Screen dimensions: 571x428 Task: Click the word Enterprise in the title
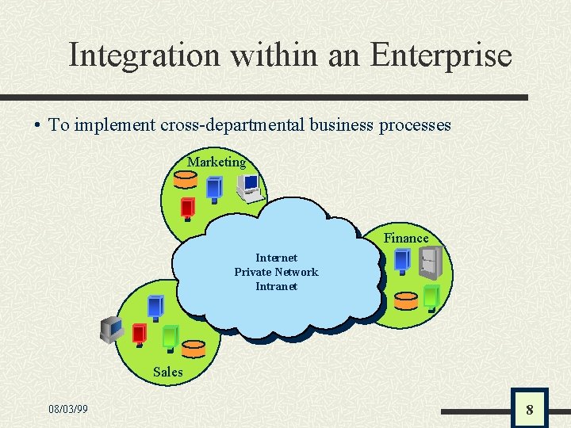point(441,55)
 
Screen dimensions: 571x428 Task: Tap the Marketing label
point(217,162)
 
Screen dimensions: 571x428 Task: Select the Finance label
point(406,238)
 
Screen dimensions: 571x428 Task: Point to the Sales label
point(167,372)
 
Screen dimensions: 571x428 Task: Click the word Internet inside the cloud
point(276,258)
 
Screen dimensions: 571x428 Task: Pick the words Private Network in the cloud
point(276,272)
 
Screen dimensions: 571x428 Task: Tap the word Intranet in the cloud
point(276,286)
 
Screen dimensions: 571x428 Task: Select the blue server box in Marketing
point(214,189)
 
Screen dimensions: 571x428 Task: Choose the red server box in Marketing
point(188,208)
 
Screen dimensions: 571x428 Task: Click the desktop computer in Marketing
point(248,187)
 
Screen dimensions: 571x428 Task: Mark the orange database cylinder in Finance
point(405,301)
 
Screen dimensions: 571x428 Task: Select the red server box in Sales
point(139,333)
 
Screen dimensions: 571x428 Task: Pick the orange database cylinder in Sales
point(193,348)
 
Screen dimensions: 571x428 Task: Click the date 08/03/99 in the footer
point(68,410)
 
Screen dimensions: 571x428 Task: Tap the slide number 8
point(529,410)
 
